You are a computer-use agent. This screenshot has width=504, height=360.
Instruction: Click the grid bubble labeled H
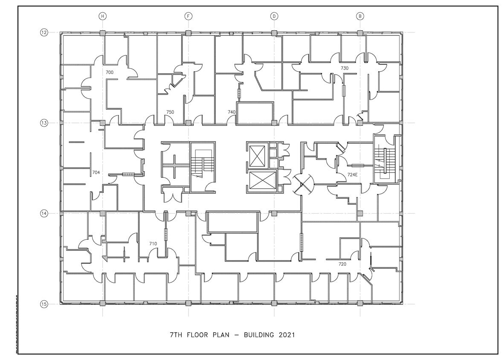click(x=102, y=16)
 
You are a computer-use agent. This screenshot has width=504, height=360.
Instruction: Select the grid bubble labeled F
click(x=188, y=16)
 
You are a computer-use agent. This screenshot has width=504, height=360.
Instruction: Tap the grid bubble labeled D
click(x=274, y=16)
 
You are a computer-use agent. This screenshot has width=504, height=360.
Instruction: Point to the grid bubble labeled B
click(x=360, y=16)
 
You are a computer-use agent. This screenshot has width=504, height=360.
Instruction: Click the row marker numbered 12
click(x=44, y=32)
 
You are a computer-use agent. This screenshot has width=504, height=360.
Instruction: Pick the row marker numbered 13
click(x=44, y=123)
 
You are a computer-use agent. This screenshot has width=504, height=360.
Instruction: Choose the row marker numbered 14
click(x=44, y=213)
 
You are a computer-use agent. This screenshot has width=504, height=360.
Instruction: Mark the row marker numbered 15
click(x=44, y=304)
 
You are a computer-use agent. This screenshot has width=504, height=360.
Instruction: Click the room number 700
click(x=110, y=73)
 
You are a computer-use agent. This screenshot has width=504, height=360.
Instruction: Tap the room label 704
click(x=96, y=173)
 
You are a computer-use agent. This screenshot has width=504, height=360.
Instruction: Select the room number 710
click(x=153, y=244)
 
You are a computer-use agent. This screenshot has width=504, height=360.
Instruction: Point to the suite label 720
click(x=342, y=264)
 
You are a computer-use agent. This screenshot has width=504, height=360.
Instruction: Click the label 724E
click(x=353, y=174)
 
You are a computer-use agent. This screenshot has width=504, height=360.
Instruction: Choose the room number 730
click(x=345, y=68)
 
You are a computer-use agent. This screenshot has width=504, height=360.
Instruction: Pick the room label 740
click(x=232, y=112)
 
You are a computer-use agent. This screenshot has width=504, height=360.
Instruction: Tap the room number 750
click(x=170, y=112)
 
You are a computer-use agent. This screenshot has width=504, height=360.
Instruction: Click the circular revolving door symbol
click(x=302, y=183)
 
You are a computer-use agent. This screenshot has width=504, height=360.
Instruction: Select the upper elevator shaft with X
click(x=257, y=156)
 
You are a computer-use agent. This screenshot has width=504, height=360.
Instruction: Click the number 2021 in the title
click(x=287, y=335)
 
